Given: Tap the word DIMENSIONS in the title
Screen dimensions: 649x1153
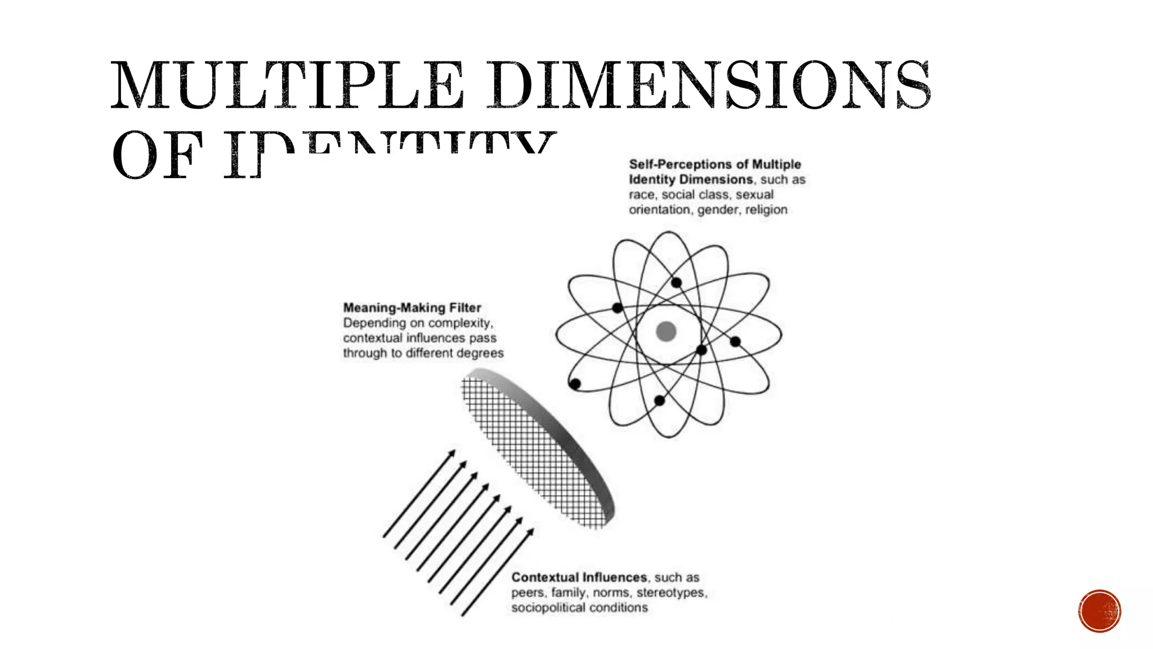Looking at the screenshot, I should click(708, 86).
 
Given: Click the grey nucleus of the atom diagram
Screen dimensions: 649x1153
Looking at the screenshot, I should click(666, 331).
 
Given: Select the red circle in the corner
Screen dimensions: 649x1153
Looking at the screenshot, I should click(1100, 611).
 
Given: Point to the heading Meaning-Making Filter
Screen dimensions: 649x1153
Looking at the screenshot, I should click(412, 308).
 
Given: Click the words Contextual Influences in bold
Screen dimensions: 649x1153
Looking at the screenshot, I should click(579, 577).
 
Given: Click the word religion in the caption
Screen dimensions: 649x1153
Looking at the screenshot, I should click(766, 210).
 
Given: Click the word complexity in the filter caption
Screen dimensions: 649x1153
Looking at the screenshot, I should click(459, 323).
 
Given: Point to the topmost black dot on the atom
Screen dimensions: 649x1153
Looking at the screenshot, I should click(676, 283).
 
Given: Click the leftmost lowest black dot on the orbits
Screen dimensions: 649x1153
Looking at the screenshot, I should click(575, 384).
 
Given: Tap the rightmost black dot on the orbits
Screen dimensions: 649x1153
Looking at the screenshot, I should click(735, 341).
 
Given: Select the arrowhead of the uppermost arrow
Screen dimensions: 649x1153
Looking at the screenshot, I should click(452, 453).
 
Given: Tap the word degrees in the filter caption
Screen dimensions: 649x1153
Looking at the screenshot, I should click(480, 353).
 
